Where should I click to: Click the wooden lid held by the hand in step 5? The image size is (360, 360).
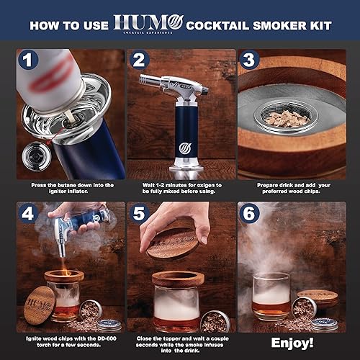click(x=173, y=243)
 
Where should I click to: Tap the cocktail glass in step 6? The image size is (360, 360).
click(x=271, y=295)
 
